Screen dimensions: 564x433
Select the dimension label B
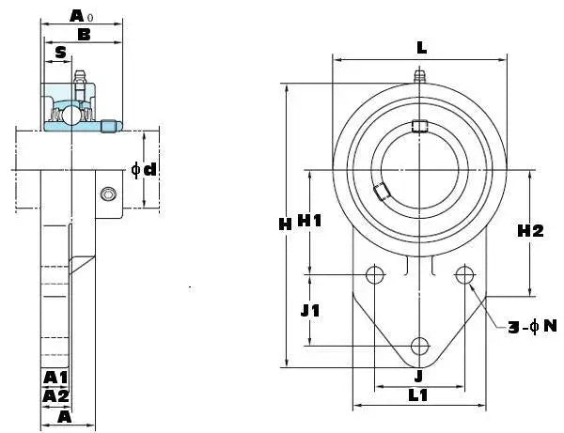pyautogui.click(x=84, y=35)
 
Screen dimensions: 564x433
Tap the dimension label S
pyautogui.click(x=61, y=53)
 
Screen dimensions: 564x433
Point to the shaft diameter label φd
pyautogui.click(x=144, y=169)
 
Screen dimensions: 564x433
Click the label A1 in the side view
pyautogui.click(x=55, y=378)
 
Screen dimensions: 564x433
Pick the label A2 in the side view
pyautogui.click(x=55, y=396)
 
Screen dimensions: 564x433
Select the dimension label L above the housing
pyautogui.click(x=421, y=48)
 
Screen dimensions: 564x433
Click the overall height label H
pyautogui.click(x=285, y=224)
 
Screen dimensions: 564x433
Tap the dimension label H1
pyautogui.click(x=309, y=221)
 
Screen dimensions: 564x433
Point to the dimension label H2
pyautogui.click(x=530, y=231)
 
